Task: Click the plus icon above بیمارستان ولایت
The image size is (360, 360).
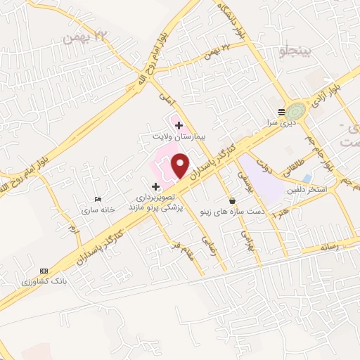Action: click(x=179, y=125)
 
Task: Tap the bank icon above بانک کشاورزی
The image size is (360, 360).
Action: click(x=44, y=271)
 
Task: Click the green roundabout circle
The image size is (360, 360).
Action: click(x=297, y=110)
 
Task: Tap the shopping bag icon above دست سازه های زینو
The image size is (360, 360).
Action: click(x=233, y=201)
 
